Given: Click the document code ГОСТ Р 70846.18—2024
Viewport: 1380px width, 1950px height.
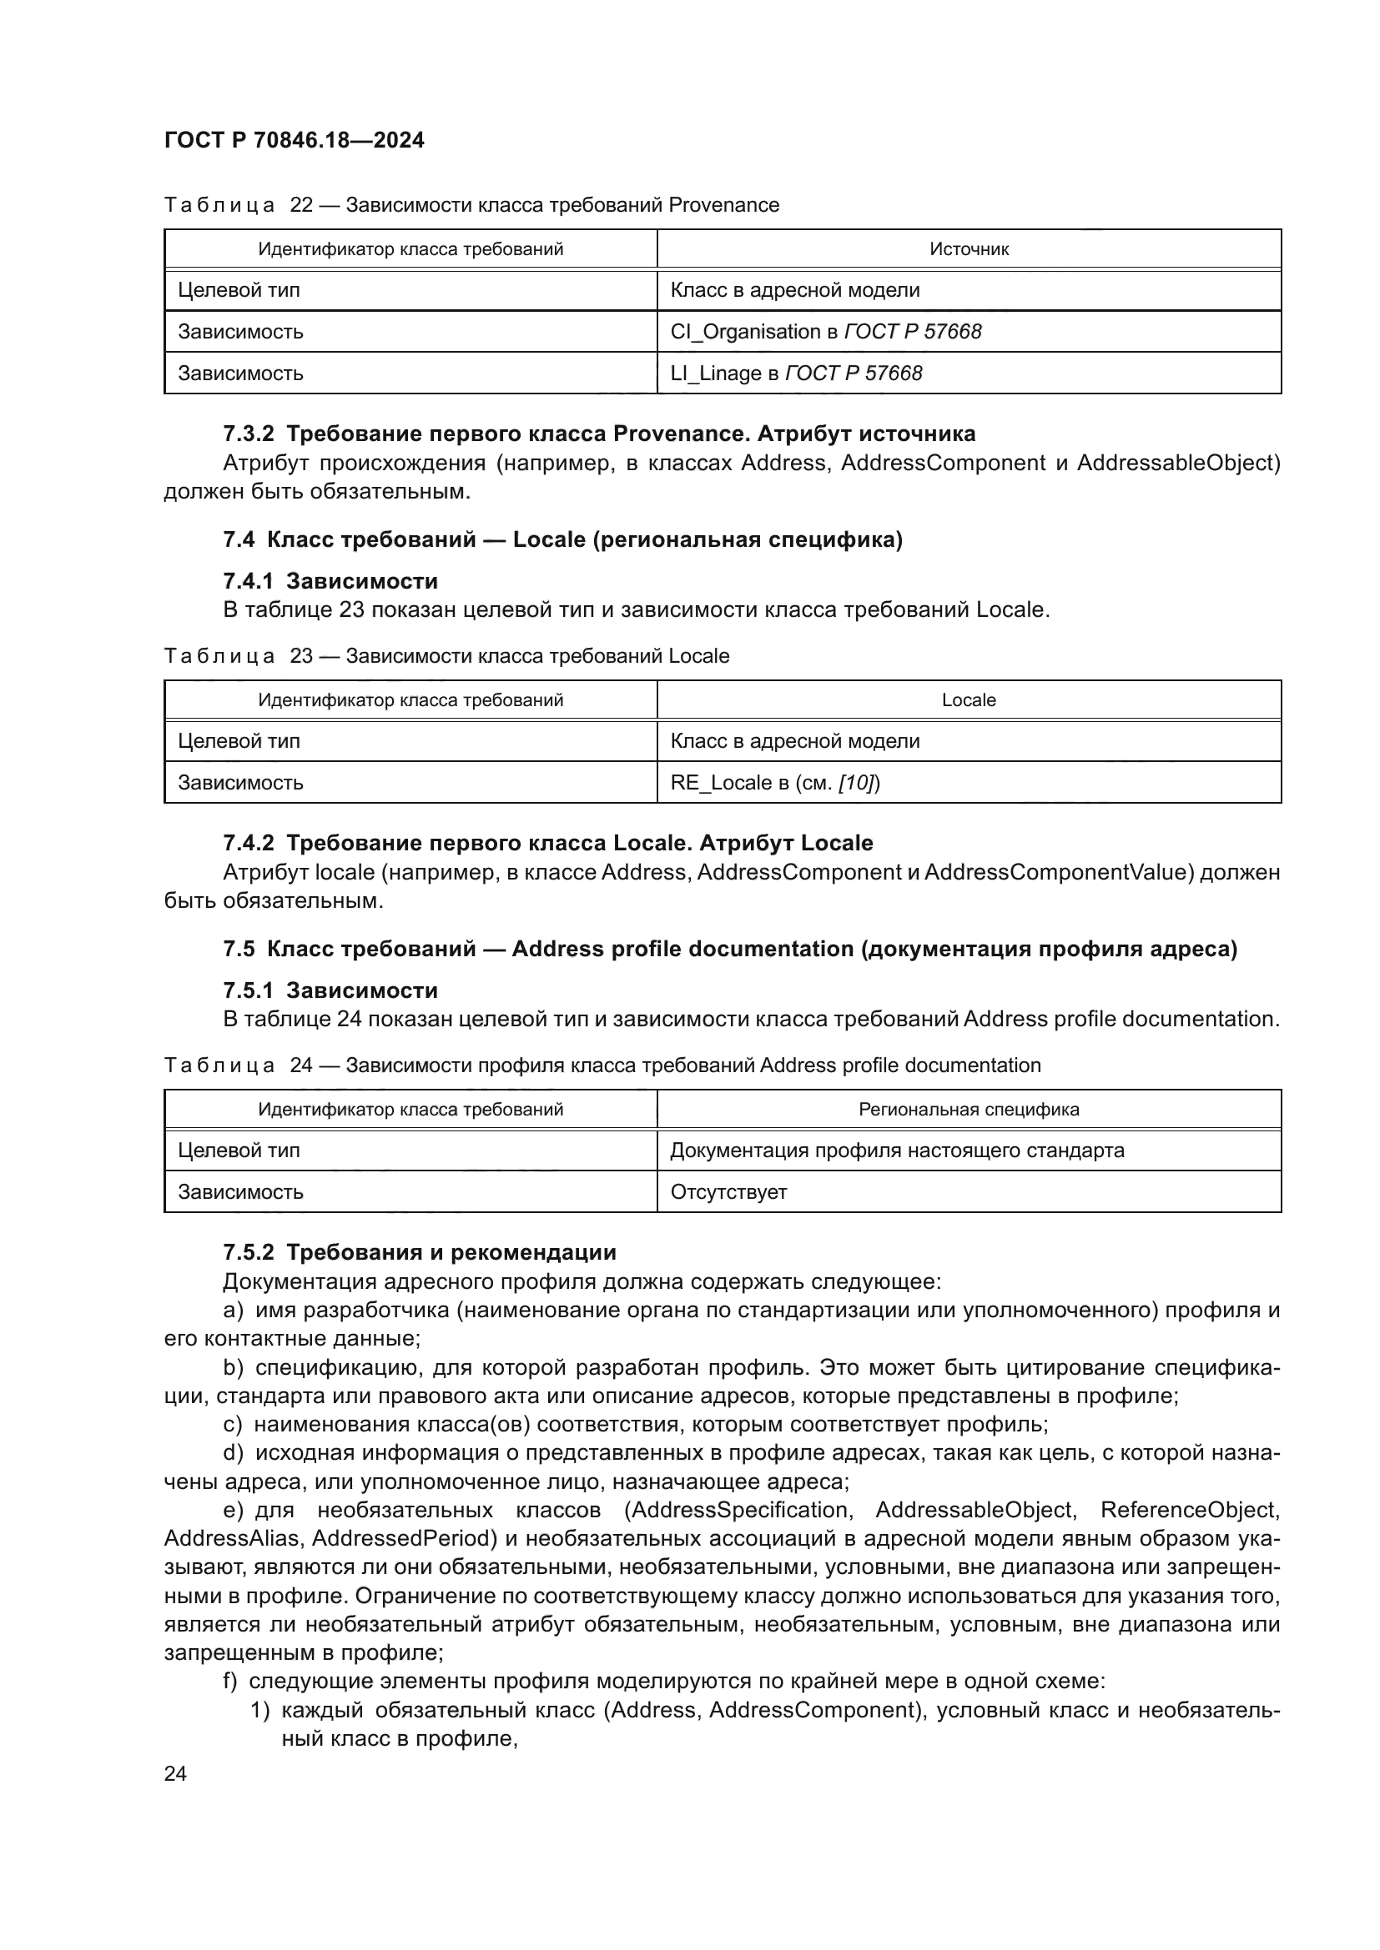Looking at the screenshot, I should [294, 141].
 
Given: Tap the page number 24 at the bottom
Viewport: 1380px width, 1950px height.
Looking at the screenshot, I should [175, 1773].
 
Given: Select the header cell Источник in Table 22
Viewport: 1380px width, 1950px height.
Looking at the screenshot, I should [969, 248].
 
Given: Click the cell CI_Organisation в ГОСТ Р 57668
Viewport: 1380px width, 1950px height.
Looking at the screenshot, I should [825, 331].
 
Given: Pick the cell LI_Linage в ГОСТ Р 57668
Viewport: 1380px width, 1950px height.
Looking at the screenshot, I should [795, 373].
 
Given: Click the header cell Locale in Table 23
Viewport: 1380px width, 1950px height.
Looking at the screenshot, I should [969, 699].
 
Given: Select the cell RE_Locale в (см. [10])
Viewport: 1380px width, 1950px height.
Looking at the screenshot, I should [774, 782].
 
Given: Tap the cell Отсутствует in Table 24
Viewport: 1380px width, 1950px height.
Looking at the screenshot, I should [728, 1191].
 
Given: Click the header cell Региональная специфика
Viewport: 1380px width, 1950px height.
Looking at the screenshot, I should [969, 1109].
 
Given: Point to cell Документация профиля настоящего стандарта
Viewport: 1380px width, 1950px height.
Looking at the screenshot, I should [896, 1150].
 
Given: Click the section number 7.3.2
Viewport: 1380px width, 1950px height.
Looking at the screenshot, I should [248, 434].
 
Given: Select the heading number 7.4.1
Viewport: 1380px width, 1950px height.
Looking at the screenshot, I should [248, 581].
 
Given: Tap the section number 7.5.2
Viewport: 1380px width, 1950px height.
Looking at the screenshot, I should [248, 1252].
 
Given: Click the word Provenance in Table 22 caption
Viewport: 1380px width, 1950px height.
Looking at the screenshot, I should [724, 205].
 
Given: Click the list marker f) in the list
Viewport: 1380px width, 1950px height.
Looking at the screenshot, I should [230, 1681].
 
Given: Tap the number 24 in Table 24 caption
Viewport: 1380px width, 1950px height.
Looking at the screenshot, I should [302, 1065].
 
